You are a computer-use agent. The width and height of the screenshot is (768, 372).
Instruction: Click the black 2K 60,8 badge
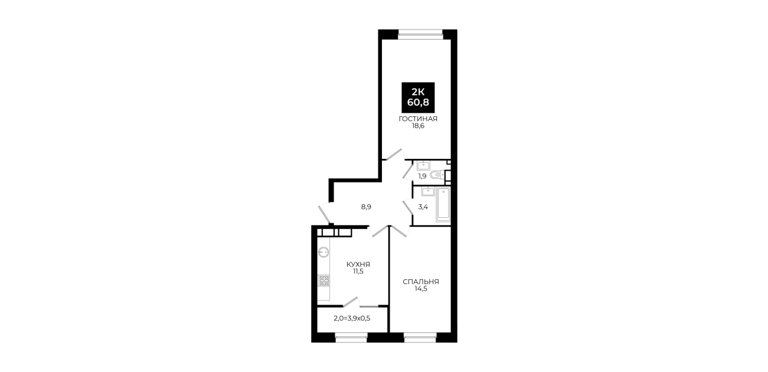pos(418,97)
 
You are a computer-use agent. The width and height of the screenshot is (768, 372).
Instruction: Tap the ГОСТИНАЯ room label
pos(418,119)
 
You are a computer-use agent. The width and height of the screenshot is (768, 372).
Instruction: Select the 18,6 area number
pos(418,126)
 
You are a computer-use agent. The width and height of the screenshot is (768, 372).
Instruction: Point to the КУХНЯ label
pos(358,265)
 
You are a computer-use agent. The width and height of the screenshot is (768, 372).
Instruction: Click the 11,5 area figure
pos(358,272)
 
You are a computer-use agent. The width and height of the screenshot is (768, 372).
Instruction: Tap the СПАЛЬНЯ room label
pos(421,282)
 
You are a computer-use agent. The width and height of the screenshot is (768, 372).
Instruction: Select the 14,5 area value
pos(421,289)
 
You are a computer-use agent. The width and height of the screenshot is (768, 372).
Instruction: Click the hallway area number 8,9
pos(366,207)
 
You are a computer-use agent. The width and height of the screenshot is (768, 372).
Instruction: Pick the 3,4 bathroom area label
pos(423,207)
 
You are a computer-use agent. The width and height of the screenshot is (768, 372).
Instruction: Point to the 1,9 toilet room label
pos(422,176)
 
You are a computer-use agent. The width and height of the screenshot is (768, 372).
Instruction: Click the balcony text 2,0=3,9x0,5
pos(352,318)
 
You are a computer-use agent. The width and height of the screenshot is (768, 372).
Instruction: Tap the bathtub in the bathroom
pos(443,204)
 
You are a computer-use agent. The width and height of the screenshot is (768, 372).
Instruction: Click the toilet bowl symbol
pos(436,175)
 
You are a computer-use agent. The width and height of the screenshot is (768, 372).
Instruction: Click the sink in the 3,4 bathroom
pos(428,191)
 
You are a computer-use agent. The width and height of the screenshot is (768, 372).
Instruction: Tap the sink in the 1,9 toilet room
pos(423,166)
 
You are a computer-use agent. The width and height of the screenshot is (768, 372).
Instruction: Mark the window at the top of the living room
pos(420,33)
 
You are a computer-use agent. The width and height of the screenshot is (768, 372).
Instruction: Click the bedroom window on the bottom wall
pos(420,339)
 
